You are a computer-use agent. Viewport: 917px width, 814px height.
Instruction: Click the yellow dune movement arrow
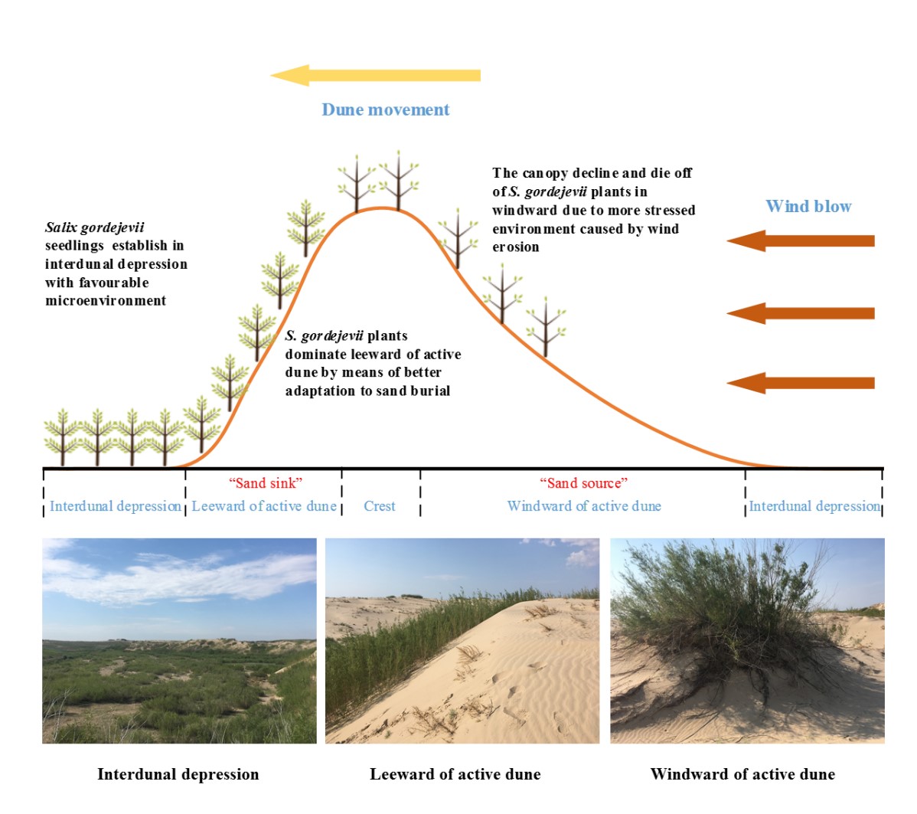click(376, 76)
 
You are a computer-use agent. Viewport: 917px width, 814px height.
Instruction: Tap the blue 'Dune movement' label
click(385, 110)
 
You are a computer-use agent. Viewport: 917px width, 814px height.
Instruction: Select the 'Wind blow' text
click(808, 206)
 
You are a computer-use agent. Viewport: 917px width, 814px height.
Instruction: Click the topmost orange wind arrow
click(801, 240)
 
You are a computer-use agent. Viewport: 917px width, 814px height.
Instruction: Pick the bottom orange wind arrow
click(801, 383)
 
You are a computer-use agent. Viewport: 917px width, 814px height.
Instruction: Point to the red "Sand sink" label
click(266, 482)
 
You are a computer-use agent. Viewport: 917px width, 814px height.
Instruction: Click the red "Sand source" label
click(584, 482)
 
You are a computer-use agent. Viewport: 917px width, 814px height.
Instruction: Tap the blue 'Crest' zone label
click(380, 506)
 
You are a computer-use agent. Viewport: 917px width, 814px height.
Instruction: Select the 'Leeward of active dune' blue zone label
click(264, 506)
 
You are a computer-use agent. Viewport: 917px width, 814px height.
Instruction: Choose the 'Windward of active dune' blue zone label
click(584, 506)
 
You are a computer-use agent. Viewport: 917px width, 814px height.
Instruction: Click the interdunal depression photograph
click(180, 641)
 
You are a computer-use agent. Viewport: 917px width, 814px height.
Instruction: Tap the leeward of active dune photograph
click(462, 641)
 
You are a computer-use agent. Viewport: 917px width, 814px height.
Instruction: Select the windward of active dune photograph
click(747, 641)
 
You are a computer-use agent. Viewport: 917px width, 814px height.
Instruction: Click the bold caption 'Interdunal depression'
click(178, 774)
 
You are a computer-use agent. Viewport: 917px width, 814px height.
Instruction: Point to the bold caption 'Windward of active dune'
click(742, 774)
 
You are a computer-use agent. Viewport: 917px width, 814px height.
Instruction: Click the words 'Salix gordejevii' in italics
click(95, 227)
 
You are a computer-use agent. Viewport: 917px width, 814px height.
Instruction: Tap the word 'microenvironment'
click(106, 301)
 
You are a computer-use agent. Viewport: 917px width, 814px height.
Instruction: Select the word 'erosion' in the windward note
click(516, 247)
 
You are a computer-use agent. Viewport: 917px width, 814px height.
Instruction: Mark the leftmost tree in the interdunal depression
click(62, 438)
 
